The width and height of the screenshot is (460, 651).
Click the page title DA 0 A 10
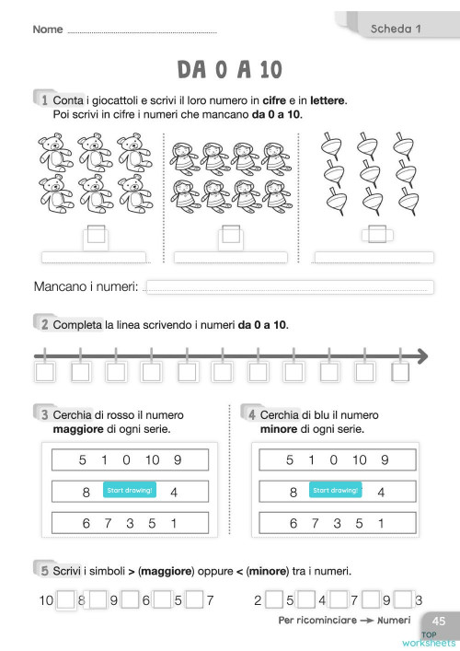[x=230, y=69]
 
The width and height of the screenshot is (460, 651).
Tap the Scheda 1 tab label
[x=395, y=29]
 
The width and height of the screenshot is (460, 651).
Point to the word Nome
[x=48, y=29]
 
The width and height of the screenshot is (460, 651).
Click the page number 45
[x=439, y=622]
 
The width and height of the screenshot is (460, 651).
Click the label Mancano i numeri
[x=86, y=288]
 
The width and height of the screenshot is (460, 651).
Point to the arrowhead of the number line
[x=420, y=355]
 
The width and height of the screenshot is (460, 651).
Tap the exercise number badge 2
[x=43, y=324]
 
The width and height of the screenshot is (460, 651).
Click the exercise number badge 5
[x=43, y=570]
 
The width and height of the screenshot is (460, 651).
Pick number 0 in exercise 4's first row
[x=333, y=460]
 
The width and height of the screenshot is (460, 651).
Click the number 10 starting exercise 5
[x=46, y=601]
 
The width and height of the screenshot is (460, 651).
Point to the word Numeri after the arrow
[x=394, y=620]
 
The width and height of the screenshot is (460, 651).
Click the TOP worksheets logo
[x=438, y=639]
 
